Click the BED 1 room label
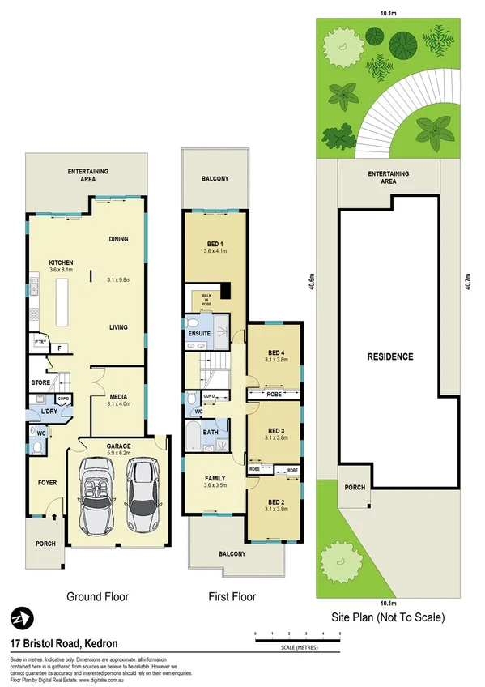tap(213, 244)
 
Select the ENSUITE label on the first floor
tap(199, 333)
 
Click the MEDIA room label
tap(119, 396)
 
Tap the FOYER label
tap(48, 483)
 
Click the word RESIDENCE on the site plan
tap(390, 356)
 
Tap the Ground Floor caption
tap(97, 597)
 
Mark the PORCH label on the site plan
tap(355, 488)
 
